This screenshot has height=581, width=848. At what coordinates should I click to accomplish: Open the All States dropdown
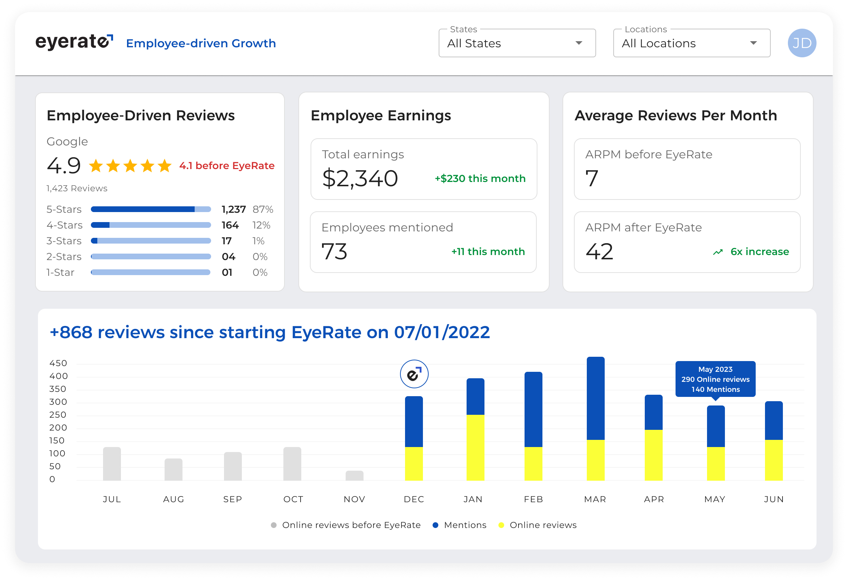[517, 43]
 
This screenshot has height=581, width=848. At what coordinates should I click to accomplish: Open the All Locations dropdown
[692, 43]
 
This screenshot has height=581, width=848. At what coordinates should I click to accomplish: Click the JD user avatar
[801, 43]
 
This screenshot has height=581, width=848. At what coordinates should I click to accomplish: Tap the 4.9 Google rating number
[64, 166]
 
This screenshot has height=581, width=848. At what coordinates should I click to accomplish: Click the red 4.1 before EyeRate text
[226, 166]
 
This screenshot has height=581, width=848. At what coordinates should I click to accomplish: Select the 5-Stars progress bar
[151, 209]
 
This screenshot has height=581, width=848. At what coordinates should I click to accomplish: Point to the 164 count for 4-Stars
[230, 225]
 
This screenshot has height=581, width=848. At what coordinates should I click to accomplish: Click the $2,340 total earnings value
[360, 178]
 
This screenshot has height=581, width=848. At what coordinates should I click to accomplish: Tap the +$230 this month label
[480, 179]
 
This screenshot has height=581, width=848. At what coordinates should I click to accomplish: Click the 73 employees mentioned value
[334, 251]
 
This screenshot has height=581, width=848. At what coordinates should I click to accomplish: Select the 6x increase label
[759, 251]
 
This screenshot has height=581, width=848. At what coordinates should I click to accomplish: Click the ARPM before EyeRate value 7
[591, 178]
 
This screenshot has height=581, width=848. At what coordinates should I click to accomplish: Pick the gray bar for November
[354, 475]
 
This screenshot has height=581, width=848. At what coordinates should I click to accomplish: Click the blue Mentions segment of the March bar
[595, 398]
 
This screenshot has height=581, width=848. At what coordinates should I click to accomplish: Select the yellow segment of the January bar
[475, 447]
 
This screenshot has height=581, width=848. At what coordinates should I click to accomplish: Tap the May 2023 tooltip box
[715, 379]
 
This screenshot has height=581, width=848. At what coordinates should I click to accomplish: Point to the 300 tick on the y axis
[58, 402]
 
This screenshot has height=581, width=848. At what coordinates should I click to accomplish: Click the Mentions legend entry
[459, 525]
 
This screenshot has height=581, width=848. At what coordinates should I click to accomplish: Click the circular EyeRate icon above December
[414, 374]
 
